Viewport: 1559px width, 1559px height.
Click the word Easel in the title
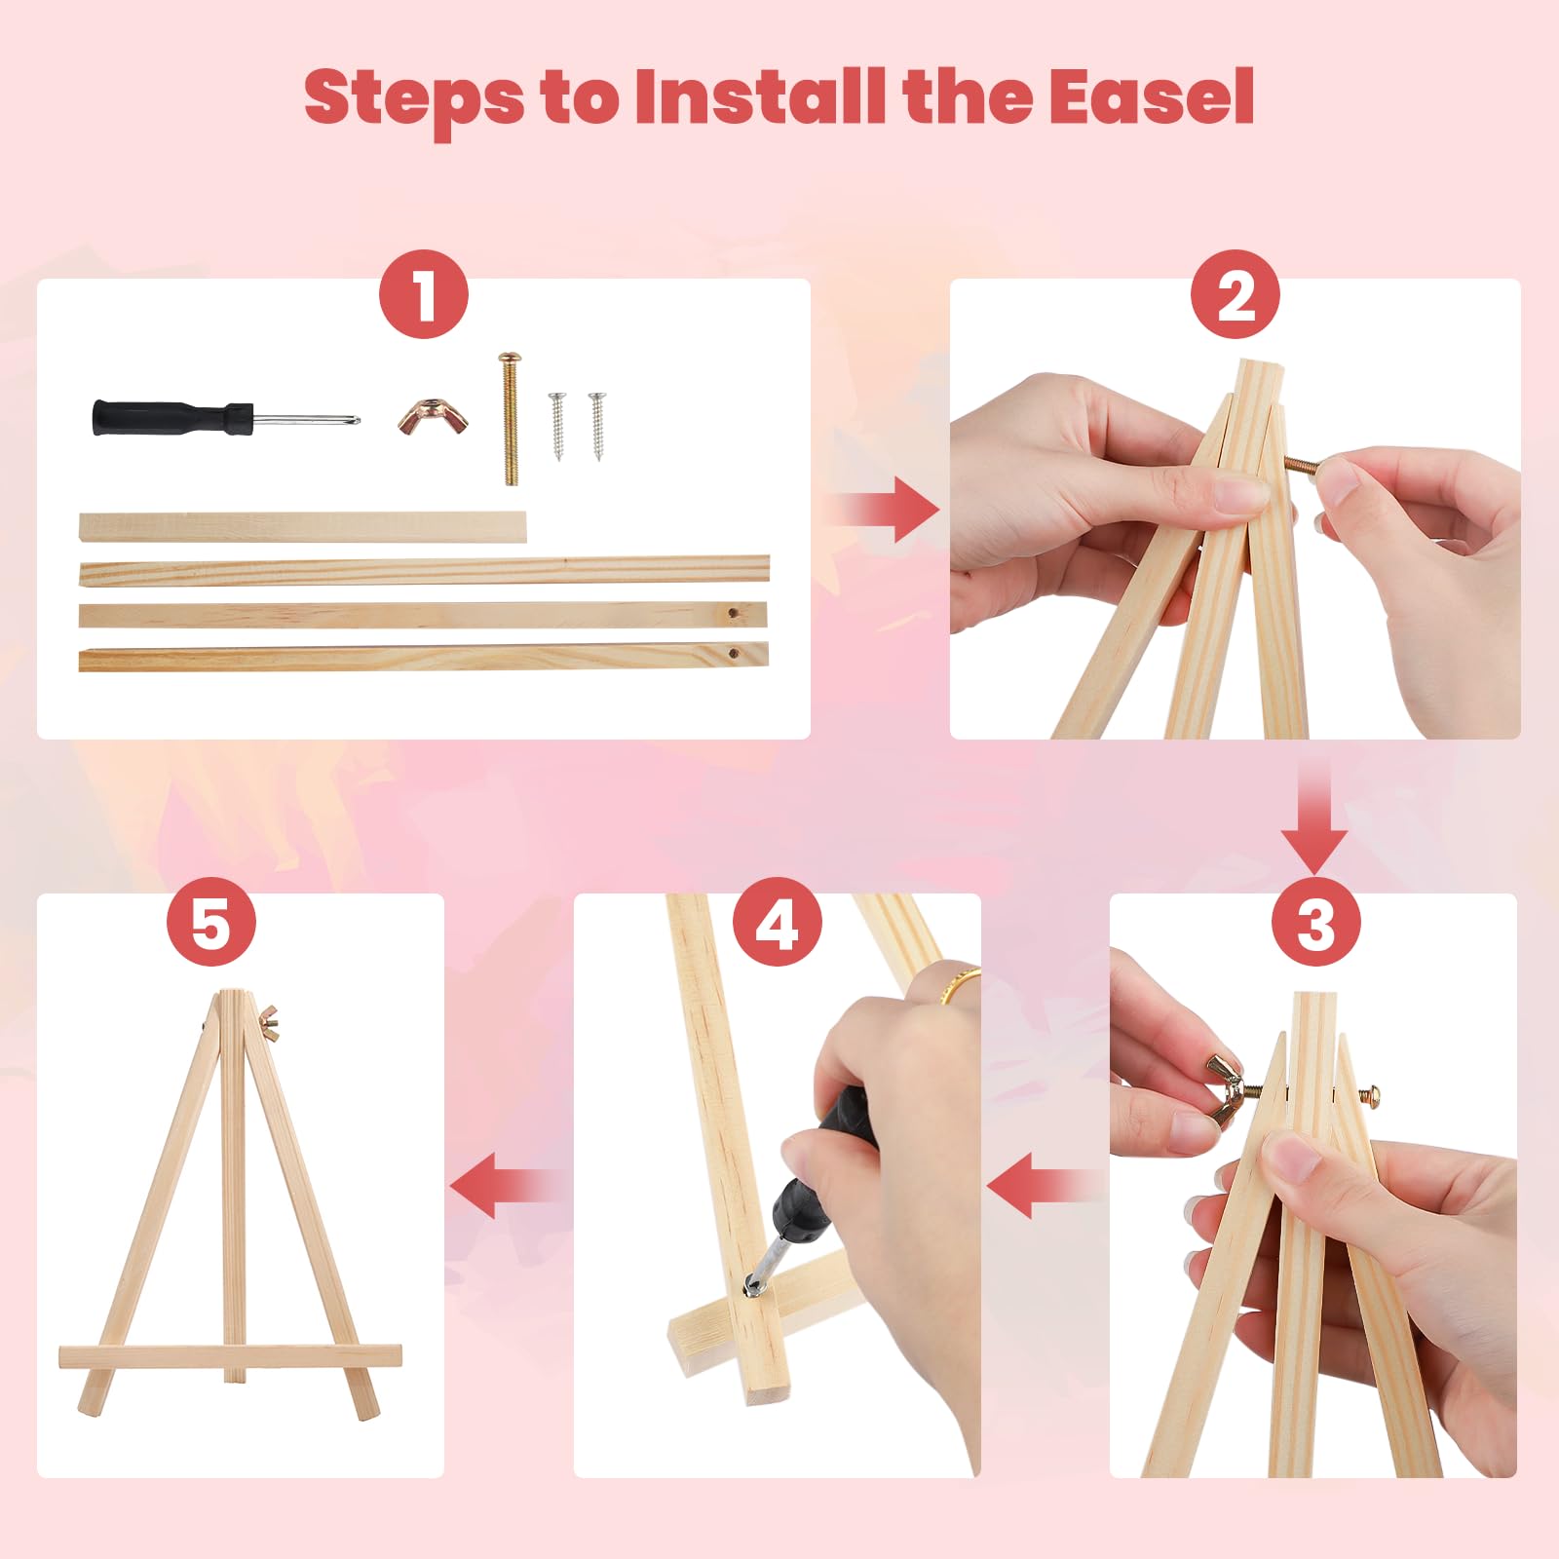1152,97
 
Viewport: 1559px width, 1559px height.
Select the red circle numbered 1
424,295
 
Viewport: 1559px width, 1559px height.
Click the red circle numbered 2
1236,295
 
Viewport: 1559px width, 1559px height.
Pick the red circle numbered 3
1315,921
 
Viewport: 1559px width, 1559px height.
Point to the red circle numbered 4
777,921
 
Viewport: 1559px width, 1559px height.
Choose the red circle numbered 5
210,921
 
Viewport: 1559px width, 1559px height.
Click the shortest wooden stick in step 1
302,527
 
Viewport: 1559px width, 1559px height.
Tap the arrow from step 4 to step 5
508,1186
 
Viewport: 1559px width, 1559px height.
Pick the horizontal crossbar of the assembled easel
230,1356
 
